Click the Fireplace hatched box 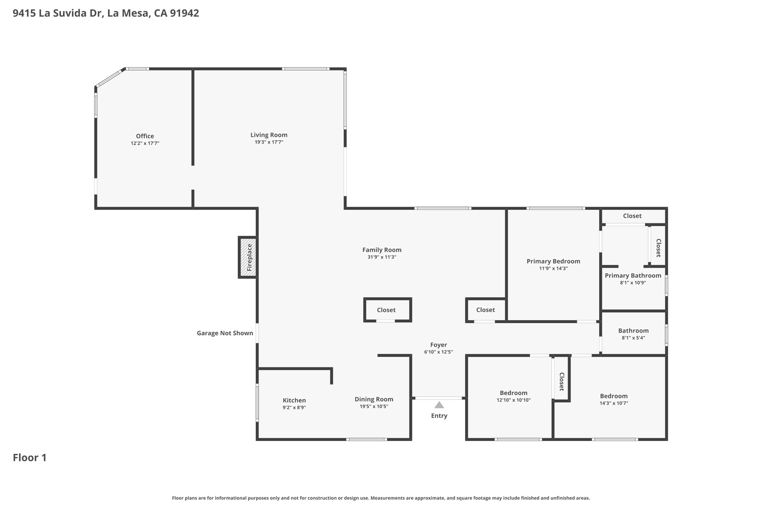248,257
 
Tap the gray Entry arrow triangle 439,405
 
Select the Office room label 145,136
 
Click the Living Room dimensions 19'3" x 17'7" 269,142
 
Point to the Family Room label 382,250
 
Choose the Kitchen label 294,400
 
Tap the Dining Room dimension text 374,406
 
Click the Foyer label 439,345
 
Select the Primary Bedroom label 553,261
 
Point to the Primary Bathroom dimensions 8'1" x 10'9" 633,283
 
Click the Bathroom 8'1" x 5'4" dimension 633,338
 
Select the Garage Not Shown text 225,333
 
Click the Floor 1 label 30,458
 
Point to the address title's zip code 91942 185,13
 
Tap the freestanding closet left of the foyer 387,310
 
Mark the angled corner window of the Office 110,78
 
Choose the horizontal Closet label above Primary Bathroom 632,216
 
